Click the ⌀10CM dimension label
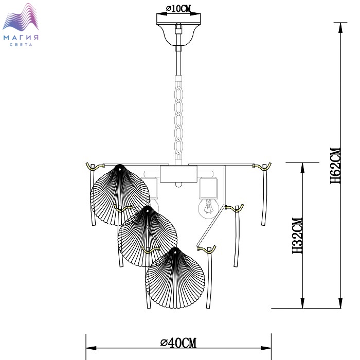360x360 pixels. (x=178, y=9)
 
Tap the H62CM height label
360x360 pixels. (x=336, y=165)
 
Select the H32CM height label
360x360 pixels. (x=298, y=236)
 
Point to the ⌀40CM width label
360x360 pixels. (x=178, y=343)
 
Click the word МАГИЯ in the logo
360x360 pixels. (x=21, y=38)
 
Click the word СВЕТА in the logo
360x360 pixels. (x=21, y=45)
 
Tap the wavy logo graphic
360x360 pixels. (x=21, y=17)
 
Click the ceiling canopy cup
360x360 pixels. (x=178, y=34)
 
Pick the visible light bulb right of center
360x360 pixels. (x=208, y=208)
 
